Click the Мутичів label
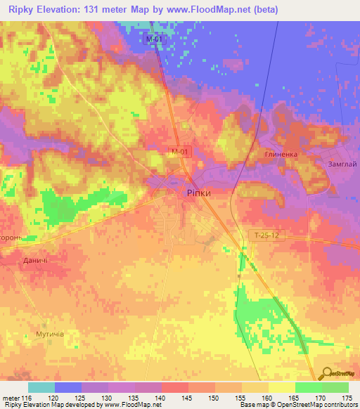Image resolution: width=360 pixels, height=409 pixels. tap(50, 334)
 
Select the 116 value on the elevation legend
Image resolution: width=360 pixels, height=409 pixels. tap(27, 398)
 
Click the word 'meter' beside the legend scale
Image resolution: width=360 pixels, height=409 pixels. tap(10, 398)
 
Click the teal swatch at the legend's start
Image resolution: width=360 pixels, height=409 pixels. tap(41, 387)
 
